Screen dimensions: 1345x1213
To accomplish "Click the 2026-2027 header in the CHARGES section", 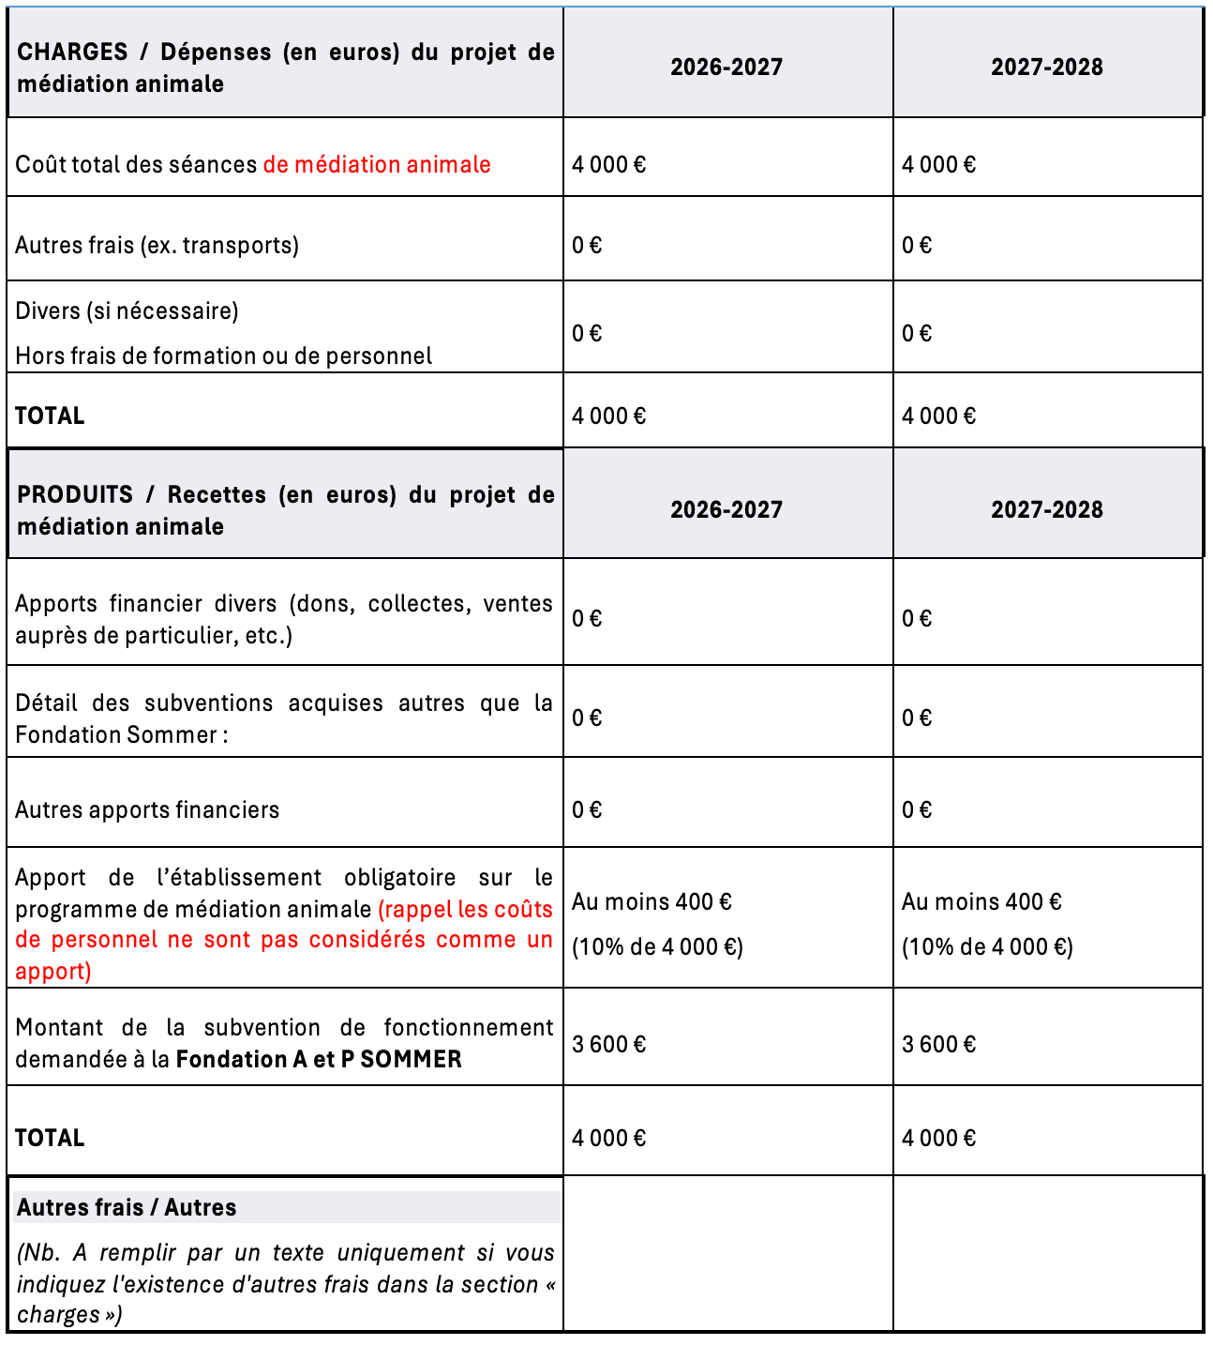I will [726, 68].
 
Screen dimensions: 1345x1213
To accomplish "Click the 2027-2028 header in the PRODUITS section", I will [1047, 510].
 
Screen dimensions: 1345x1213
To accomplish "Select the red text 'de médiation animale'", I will [377, 165].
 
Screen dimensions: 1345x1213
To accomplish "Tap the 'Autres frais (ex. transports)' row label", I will [157, 246].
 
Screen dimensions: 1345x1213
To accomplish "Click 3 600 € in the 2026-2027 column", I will [609, 1045].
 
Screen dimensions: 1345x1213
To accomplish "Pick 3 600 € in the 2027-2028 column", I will [939, 1045].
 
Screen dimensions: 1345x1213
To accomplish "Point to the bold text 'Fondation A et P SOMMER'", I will [319, 1060].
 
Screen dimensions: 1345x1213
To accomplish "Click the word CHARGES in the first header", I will [72, 53].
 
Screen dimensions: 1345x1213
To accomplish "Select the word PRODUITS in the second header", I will [75, 495].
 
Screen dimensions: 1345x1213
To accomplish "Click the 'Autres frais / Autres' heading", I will [127, 1208].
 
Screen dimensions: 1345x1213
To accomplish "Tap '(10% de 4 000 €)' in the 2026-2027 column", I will [658, 947].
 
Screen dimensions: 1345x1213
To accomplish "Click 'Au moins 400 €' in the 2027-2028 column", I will [981, 902].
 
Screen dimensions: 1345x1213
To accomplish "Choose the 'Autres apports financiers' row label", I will [147, 810].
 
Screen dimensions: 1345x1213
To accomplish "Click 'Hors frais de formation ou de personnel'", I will [224, 356].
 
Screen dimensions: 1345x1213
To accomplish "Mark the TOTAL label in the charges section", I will [50, 416].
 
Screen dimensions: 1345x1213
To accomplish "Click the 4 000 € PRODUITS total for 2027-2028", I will [939, 1139].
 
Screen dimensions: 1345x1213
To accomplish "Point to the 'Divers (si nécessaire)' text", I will [127, 311].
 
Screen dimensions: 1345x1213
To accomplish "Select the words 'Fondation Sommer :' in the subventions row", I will [122, 735].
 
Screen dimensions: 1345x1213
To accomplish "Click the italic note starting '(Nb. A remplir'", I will [285, 1283].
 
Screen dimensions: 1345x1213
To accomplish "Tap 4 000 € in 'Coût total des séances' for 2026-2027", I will [609, 165].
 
